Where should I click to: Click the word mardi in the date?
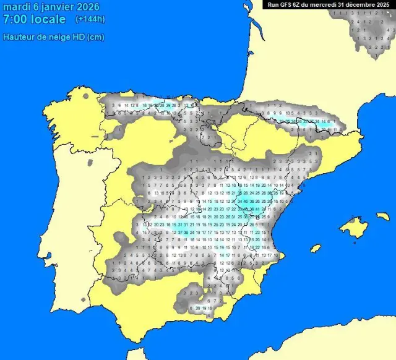[16, 7]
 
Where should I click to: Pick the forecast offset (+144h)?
[90, 20]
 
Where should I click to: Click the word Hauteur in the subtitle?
[18, 37]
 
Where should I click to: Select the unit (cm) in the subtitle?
[96, 37]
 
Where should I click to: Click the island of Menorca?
[382, 217]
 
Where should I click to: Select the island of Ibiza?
[316, 248]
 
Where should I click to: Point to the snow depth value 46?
[246, 201]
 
